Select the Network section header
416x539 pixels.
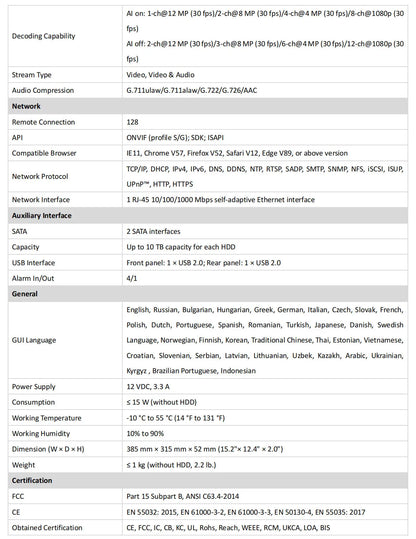pyautogui.click(x=27, y=104)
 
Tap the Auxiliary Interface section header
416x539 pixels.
pyautogui.click(x=43, y=215)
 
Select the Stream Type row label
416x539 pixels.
pyautogui.click(x=32, y=74)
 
